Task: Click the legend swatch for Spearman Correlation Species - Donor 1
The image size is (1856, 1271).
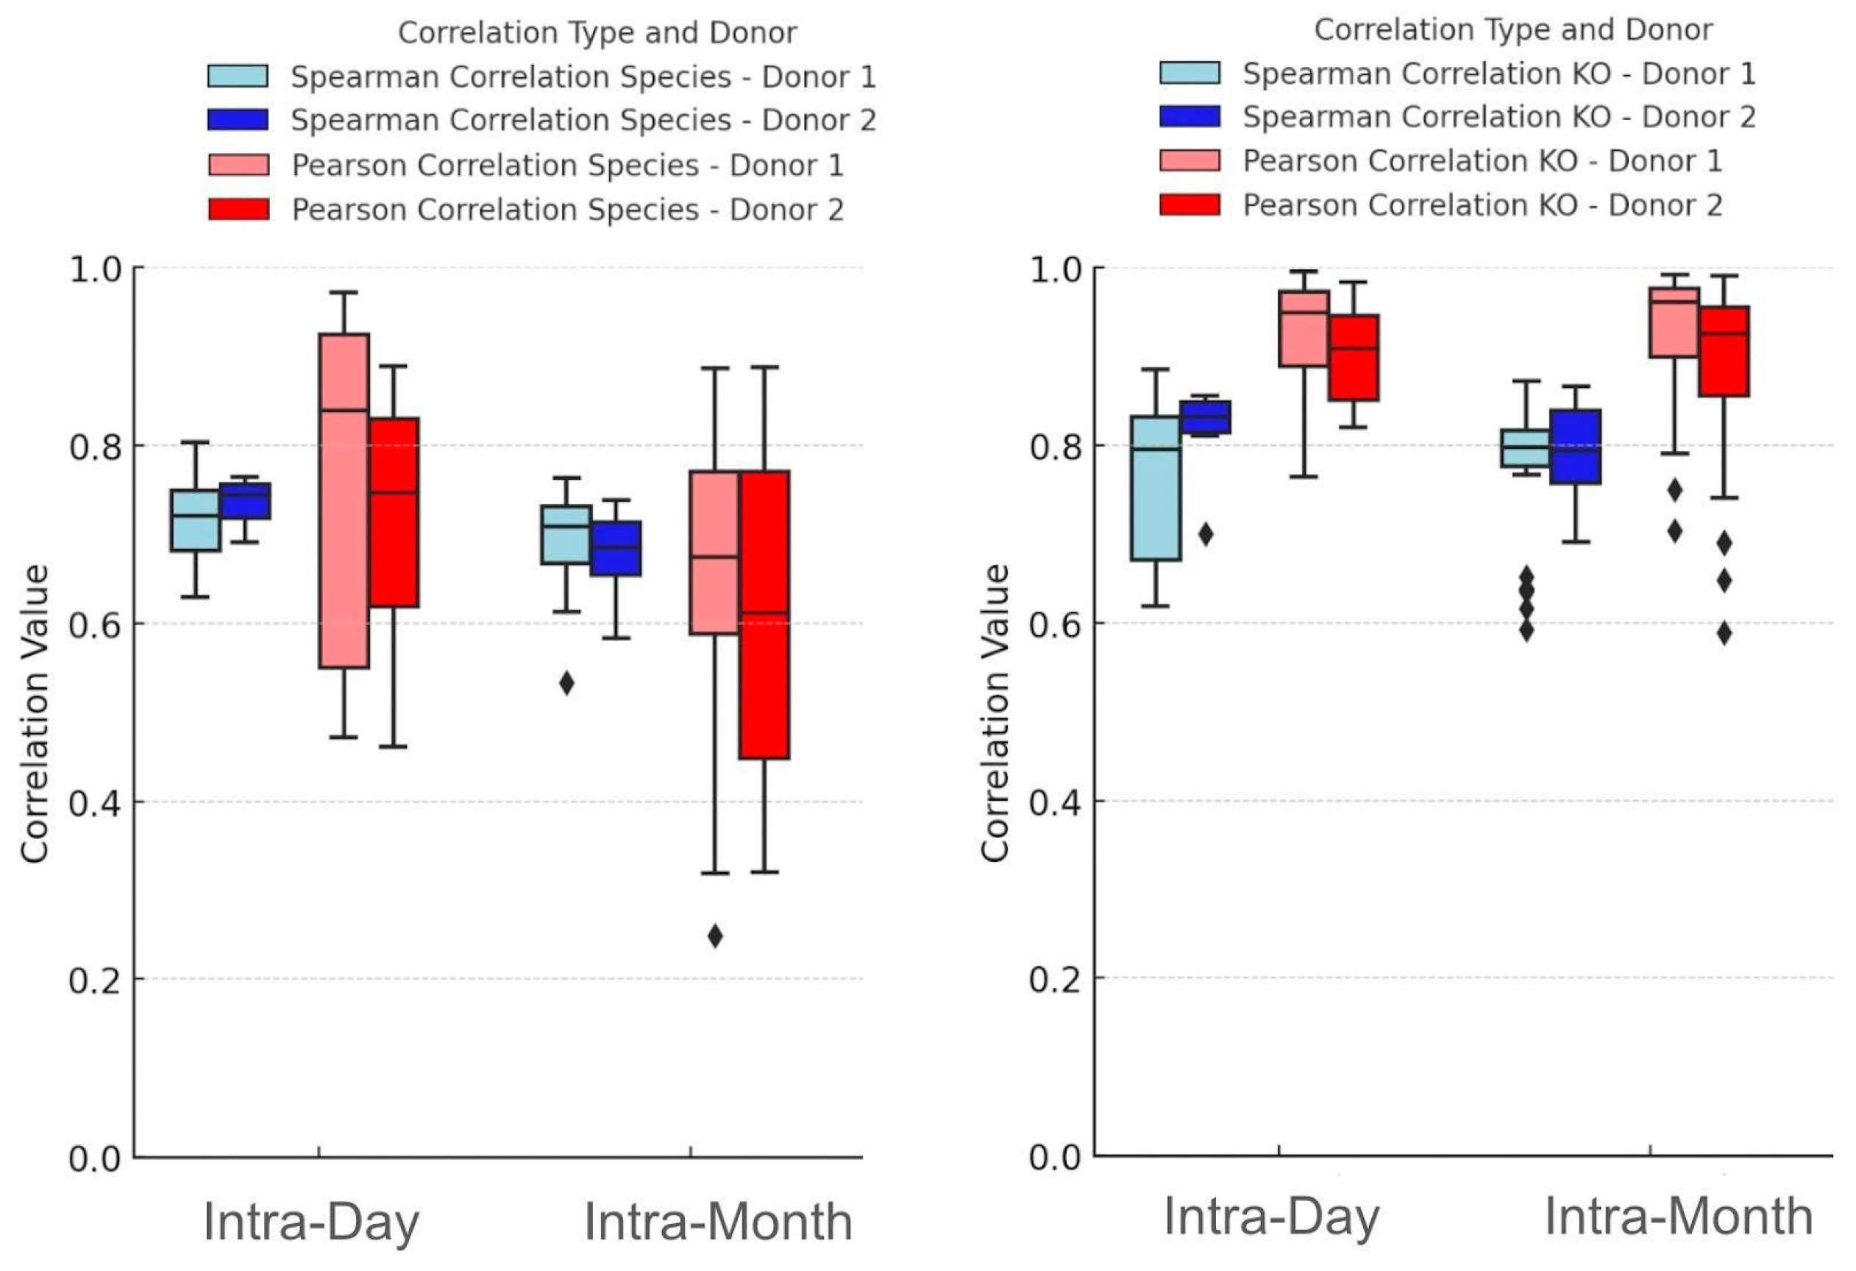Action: (x=238, y=76)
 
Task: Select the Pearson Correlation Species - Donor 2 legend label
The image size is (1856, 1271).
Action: (x=568, y=209)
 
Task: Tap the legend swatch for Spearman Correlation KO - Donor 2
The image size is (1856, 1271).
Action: (x=1190, y=116)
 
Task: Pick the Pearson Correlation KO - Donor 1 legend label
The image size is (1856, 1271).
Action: (x=1482, y=160)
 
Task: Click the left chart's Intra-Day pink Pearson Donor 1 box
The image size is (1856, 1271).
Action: (x=344, y=501)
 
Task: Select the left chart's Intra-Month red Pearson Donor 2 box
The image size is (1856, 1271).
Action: (x=764, y=615)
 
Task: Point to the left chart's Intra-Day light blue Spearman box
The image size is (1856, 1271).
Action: (x=196, y=520)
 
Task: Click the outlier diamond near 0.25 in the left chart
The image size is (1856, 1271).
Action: (x=716, y=935)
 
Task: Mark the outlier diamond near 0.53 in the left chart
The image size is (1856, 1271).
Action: (x=566, y=683)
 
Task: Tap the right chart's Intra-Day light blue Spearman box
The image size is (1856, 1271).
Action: (x=1156, y=488)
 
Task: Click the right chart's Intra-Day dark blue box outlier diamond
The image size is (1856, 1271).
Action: (x=1206, y=534)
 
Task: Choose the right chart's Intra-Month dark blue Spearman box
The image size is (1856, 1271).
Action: (x=1575, y=447)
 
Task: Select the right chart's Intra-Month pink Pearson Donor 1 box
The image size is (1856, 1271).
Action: (x=1674, y=323)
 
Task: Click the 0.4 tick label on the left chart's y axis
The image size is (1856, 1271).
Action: (x=94, y=802)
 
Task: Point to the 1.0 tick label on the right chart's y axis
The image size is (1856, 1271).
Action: (x=1054, y=269)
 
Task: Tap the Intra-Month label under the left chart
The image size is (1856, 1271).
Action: (x=718, y=1222)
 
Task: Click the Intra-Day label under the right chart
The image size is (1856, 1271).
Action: (x=1271, y=1217)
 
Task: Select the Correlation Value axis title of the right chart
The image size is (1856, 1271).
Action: (x=995, y=712)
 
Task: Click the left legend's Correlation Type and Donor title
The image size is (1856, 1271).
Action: (x=597, y=33)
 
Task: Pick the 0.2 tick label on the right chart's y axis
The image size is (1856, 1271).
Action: (x=1054, y=979)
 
